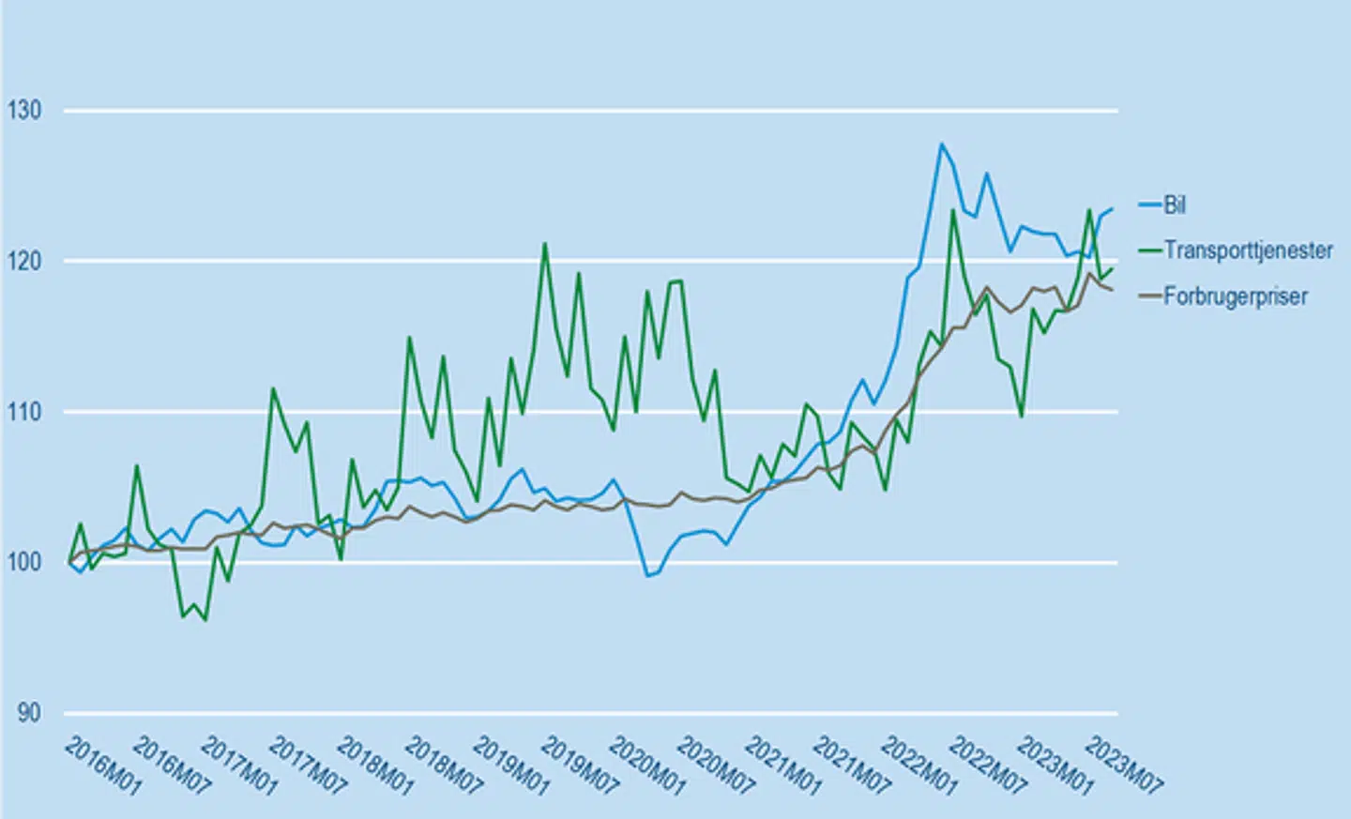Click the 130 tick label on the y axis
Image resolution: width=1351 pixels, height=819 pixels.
[24, 111]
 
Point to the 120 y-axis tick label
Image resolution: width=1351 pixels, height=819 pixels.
[24, 261]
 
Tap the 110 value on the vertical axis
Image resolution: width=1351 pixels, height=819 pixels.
[24, 412]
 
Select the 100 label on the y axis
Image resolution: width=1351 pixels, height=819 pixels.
[24, 562]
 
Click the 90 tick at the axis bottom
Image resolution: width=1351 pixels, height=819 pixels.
[29, 713]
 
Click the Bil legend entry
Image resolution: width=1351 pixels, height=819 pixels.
[1175, 205]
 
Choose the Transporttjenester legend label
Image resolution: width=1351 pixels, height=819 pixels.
[1248, 250]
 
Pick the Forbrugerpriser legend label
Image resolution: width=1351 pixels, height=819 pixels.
[1236, 296]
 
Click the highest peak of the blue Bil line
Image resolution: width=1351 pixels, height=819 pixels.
[941, 144]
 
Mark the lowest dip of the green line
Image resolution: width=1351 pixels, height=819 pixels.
[205, 620]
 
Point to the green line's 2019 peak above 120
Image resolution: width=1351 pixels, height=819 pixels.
[544, 244]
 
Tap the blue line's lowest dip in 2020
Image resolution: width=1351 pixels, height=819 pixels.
[647, 575]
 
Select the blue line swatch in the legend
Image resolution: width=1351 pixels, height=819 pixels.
[1150, 205]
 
